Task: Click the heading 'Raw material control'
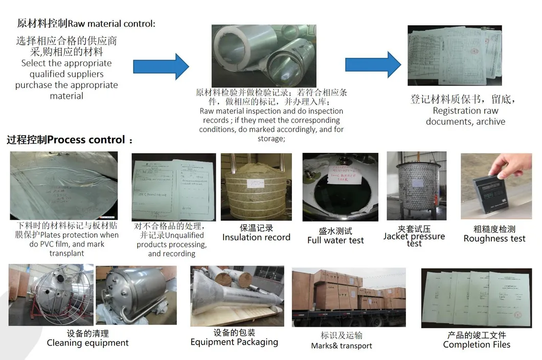pyautogui.click(x=86, y=24)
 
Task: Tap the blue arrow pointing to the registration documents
pyautogui.click(x=373, y=64)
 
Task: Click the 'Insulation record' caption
pyautogui.click(x=256, y=237)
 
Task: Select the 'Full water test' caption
pyautogui.click(x=335, y=240)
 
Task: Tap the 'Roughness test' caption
pyautogui.click(x=494, y=239)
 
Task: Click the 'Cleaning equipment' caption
pyautogui.click(x=87, y=343)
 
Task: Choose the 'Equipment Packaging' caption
pyautogui.click(x=234, y=342)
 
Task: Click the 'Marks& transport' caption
pyautogui.click(x=341, y=346)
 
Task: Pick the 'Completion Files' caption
pyautogui.click(x=477, y=345)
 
